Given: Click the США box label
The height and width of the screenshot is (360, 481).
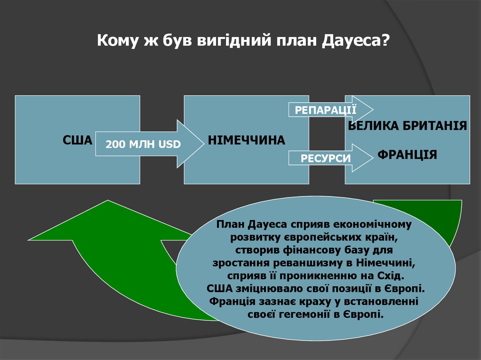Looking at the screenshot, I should coord(78,140).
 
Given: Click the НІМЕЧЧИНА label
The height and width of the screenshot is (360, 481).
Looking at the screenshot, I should coord(247,140).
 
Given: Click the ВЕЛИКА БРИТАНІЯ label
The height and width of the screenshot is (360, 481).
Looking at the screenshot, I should coord(408,126).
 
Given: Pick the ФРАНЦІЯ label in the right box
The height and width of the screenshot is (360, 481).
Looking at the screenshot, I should coord(408,155).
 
